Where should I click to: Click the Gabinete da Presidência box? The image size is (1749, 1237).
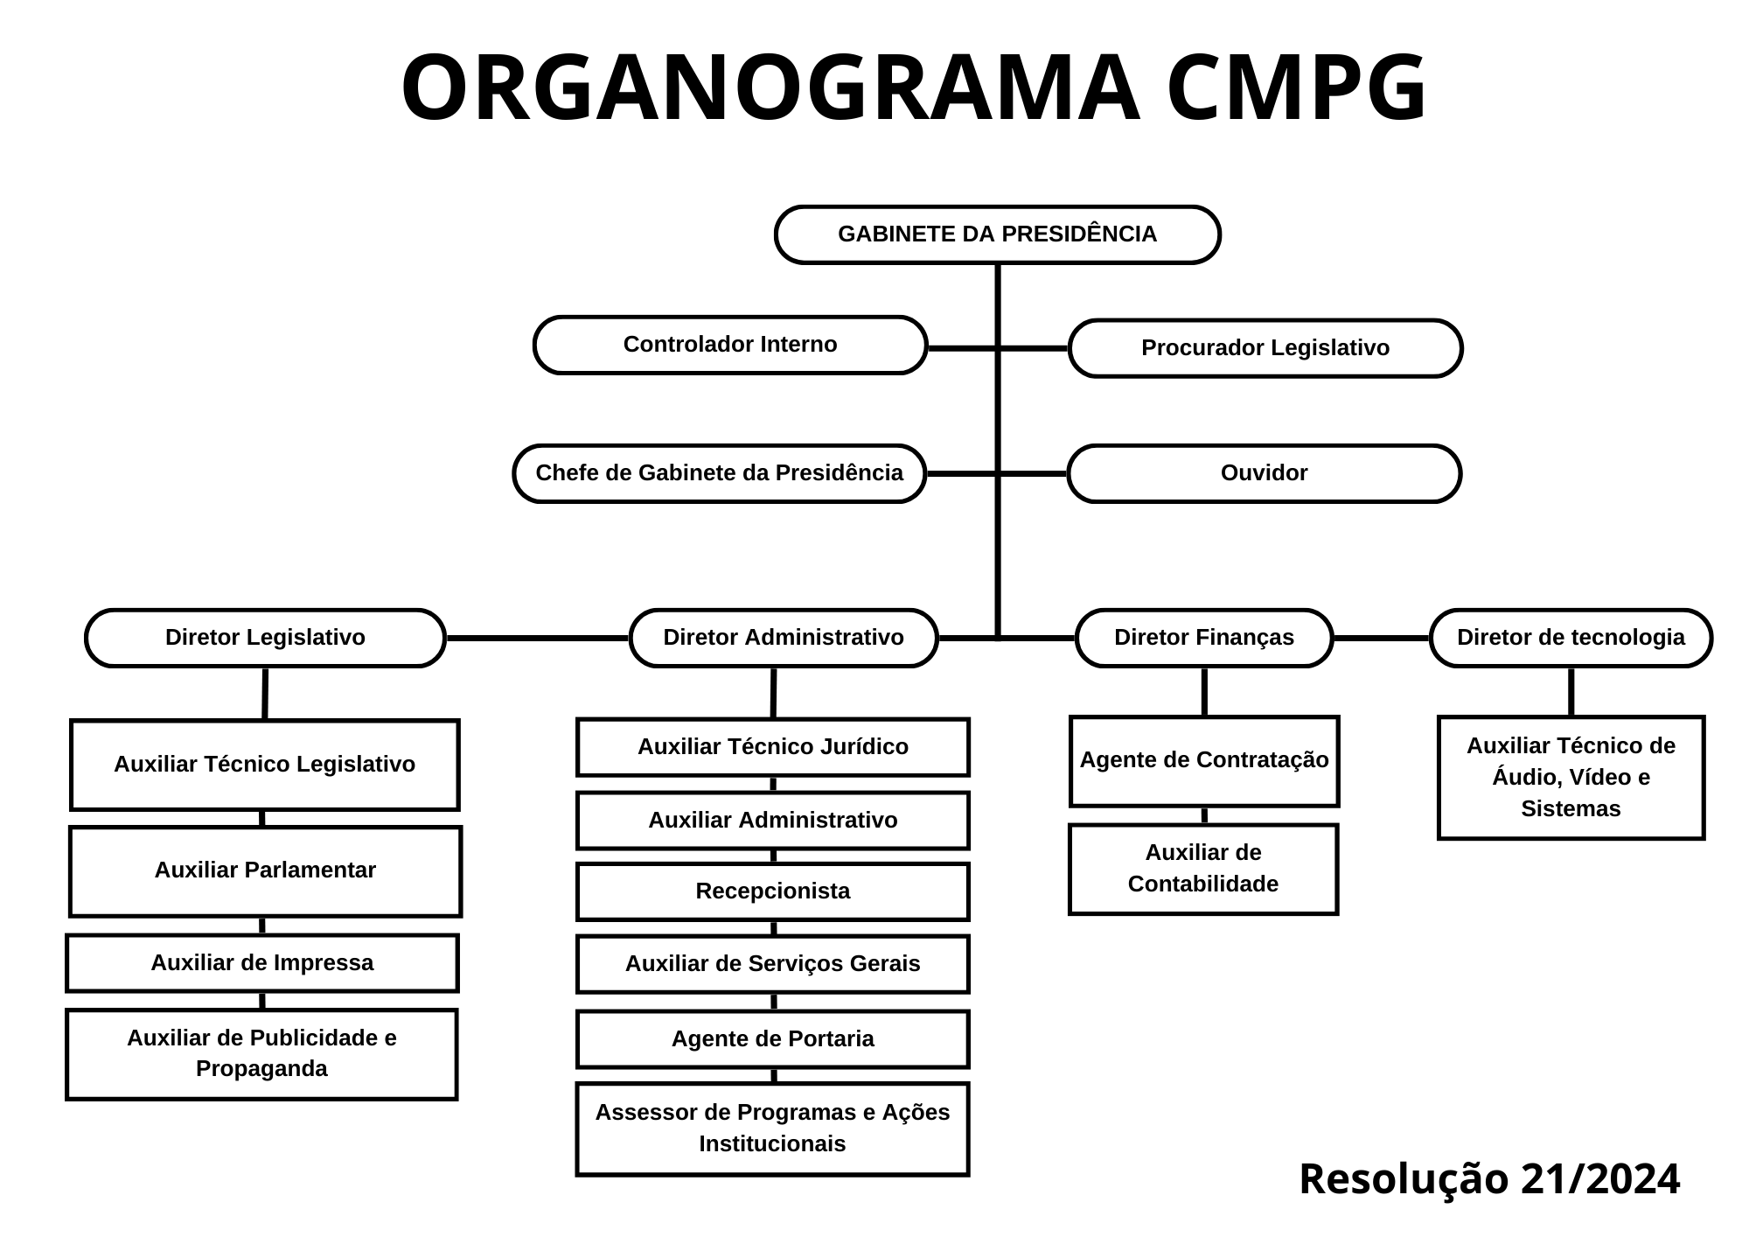pyautogui.click(x=997, y=234)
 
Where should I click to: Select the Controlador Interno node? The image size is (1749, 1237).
pyautogui.click(x=730, y=345)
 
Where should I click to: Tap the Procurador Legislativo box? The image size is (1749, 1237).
pyautogui.click(x=1265, y=348)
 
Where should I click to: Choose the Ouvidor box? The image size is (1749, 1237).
pyautogui.click(x=1264, y=473)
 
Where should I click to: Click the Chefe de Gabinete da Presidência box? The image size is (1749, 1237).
pyautogui.click(x=719, y=473)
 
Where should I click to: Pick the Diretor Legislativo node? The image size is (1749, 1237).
pyautogui.click(x=265, y=638)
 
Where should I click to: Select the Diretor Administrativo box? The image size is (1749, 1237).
pyautogui.click(x=784, y=638)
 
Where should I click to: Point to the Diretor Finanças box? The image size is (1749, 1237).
pyautogui.click(x=1204, y=638)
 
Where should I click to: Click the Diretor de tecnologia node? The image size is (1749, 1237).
pyautogui.click(x=1571, y=638)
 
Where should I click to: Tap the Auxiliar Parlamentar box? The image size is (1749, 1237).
pyautogui.click(x=265, y=870)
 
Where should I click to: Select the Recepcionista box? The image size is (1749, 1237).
pyautogui.click(x=772, y=891)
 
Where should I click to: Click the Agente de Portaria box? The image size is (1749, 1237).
pyautogui.click(x=772, y=1039)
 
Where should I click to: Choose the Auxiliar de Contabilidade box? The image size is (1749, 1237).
pyautogui.click(x=1203, y=869)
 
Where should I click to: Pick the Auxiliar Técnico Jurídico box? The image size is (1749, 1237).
pyautogui.click(x=772, y=747)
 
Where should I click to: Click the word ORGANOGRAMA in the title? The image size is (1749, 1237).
pyautogui.click(x=770, y=88)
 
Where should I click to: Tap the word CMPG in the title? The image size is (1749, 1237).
pyautogui.click(x=1297, y=88)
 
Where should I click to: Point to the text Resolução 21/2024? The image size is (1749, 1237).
pyautogui.click(x=1489, y=1178)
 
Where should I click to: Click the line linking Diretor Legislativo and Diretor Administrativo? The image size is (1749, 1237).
pyautogui.click(x=537, y=639)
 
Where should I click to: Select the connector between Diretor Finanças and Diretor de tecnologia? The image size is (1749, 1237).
pyautogui.click(x=1382, y=639)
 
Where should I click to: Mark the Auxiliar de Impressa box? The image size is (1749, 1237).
pyautogui.click(x=262, y=963)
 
